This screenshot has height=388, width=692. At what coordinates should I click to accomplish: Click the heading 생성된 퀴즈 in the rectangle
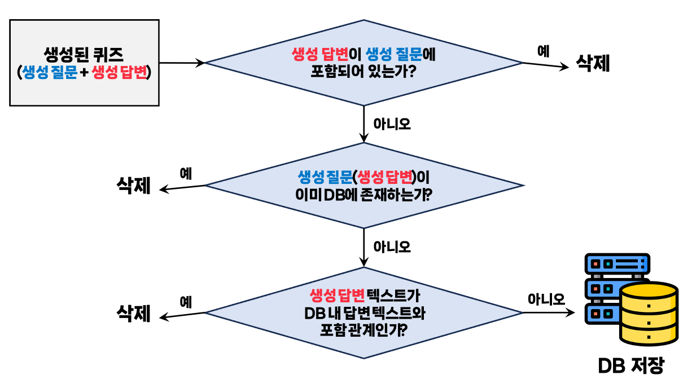(84, 55)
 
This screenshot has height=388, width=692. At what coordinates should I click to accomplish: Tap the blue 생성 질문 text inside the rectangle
(49, 72)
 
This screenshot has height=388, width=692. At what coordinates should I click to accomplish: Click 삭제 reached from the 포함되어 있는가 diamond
(593, 63)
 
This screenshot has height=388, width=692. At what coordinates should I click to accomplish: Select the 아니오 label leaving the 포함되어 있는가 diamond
(392, 124)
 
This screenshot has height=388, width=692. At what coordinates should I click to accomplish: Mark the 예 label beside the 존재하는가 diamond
(186, 174)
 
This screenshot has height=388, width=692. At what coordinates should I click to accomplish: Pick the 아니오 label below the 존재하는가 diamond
(392, 246)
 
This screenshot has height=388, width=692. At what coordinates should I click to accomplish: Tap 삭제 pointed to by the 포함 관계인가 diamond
(134, 314)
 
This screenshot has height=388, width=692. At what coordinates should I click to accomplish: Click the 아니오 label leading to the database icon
(546, 299)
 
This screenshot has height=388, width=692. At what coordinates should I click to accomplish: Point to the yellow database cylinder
(648, 314)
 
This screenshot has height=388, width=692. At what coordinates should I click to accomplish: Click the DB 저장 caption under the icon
(631, 366)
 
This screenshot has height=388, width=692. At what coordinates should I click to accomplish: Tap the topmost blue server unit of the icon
(616, 263)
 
